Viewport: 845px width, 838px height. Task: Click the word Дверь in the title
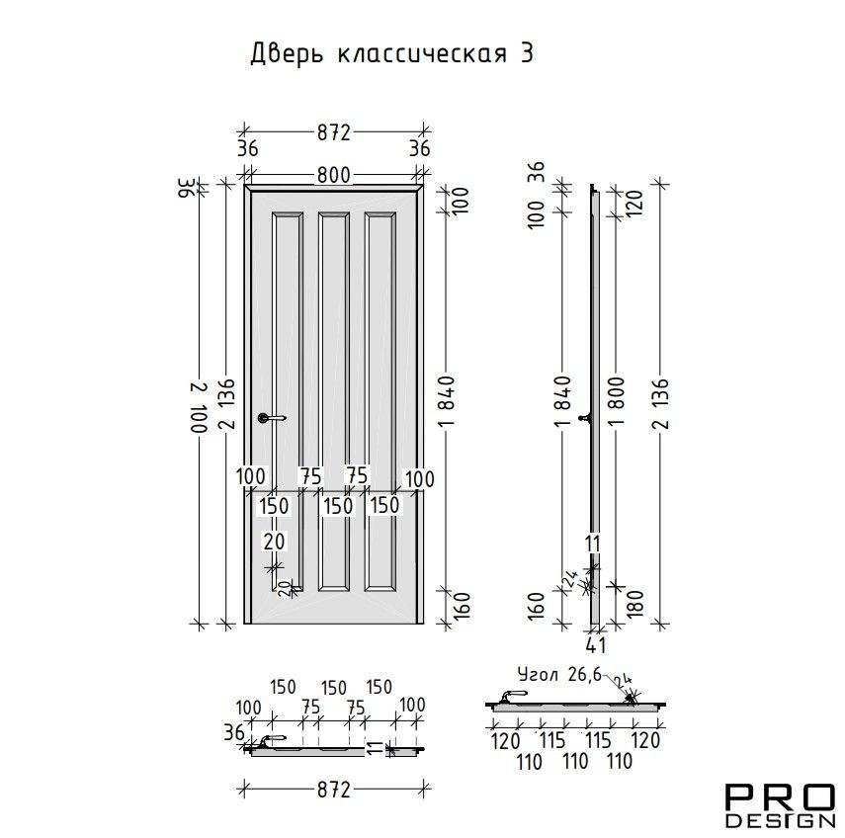coord(287,54)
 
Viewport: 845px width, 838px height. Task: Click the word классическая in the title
coord(423,54)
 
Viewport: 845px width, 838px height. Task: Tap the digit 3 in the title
coord(527,53)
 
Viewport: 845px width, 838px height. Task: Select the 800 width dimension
coord(334,175)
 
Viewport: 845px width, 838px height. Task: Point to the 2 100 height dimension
coord(199,407)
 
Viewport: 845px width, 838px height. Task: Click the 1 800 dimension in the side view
coord(618,401)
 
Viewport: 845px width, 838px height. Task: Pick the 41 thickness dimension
coord(595,644)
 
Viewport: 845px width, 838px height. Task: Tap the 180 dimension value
coord(635,603)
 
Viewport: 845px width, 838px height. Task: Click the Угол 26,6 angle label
coord(558,674)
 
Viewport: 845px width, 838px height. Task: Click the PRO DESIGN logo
coord(779,805)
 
